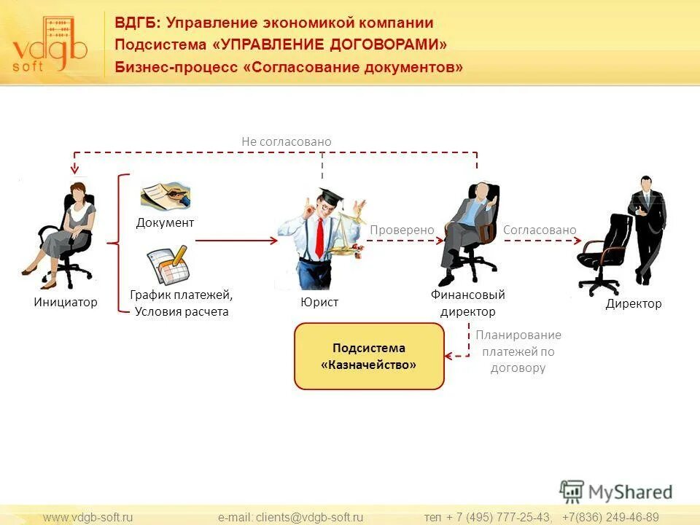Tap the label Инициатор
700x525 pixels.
point(65,302)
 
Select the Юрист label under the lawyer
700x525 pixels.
point(319,302)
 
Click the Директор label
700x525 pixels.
point(634,303)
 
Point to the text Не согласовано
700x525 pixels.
point(287,141)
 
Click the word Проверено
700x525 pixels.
point(402,230)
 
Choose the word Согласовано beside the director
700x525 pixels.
point(540,230)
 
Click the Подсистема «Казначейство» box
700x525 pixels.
point(369,356)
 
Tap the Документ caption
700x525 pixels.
point(165,222)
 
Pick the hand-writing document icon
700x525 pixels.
point(166,195)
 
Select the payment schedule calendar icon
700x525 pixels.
point(167,265)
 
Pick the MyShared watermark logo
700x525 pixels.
point(615,491)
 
